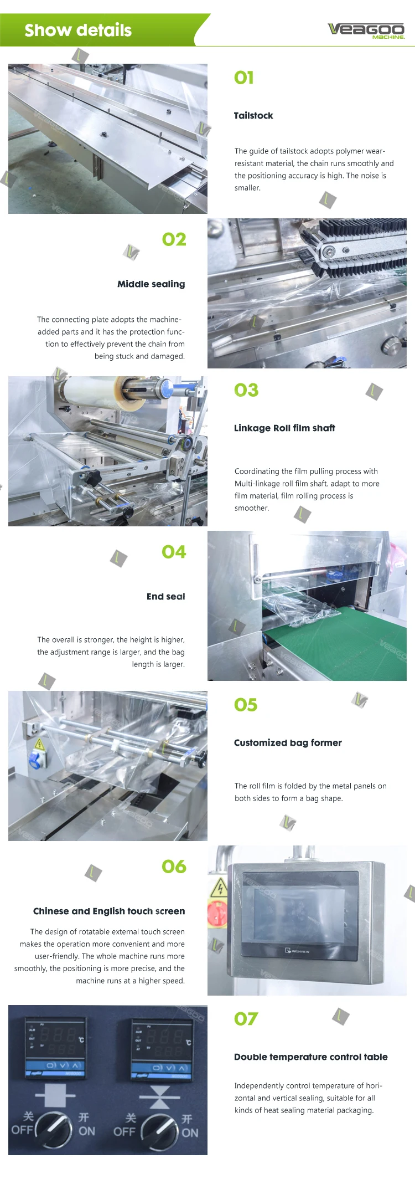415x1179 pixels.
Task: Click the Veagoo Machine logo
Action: (x=366, y=30)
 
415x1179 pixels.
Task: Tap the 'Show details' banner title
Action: (x=78, y=30)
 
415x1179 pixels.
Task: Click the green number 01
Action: (x=244, y=78)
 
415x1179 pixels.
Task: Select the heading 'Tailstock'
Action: (x=253, y=115)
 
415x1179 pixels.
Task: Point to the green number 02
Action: (x=174, y=239)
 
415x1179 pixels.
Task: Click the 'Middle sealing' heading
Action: (x=151, y=284)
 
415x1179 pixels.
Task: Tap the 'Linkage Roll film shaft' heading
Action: (x=284, y=428)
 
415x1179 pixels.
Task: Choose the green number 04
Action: (x=174, y=552)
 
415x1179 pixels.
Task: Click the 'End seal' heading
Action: (x=166, y=596)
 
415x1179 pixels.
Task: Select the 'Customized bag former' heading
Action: (x=288, y=742)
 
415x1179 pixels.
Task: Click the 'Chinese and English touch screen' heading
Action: (x=109, y=911)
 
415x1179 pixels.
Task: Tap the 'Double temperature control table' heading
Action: (x=311, y=1057)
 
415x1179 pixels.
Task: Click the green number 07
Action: (x=246, y=1019)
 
